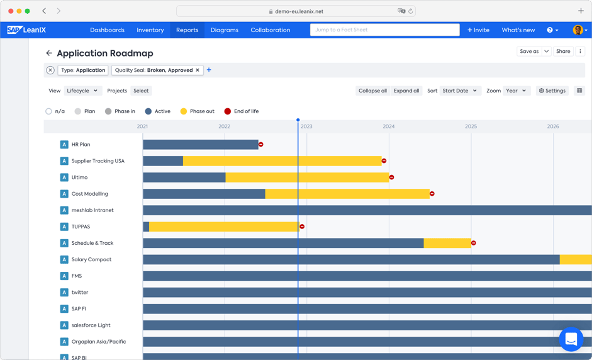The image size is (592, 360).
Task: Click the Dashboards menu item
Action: pyautogui.click(x=107, y=30)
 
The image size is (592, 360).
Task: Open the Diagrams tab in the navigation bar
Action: pyautogui.click(x=225, y=30)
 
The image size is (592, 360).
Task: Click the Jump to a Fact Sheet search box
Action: pyautogui.click(x=384, y=30)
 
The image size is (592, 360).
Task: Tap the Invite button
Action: pyautogui.click(x=478, y=30)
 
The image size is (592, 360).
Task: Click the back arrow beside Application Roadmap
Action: pyautogui.click(x=49, y=53)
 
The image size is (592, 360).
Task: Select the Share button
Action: pyautogui.click(x=563, y=52)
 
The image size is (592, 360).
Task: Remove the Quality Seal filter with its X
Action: pyautogui.click(x=198, y=70)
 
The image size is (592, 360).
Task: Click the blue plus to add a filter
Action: pyautogui.click(x=209, y=70)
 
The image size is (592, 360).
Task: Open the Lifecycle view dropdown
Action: pyautogui.click(x=82, y=91)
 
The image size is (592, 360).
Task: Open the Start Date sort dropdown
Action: pyautogui.click(x=459, y=91)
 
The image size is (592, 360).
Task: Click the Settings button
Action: pyautogui.click(x=552, y=91)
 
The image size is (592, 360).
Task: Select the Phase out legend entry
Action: pyautogui.click(x=197, y=111)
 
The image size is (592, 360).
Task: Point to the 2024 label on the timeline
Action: pyautogui.click(x=389, y=127)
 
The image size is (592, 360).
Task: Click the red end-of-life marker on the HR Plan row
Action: pyautogui.click(x=261, y=145)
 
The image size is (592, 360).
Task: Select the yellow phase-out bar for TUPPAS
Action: pyautogui.click(x=223, y=227)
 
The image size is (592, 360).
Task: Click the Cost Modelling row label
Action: pyautogui.click(x=89, y=194)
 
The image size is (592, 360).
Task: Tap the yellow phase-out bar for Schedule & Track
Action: pyautogui.click(x=447, y=243)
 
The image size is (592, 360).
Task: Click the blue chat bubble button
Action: pyautogui.click(x=571, y=339)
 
